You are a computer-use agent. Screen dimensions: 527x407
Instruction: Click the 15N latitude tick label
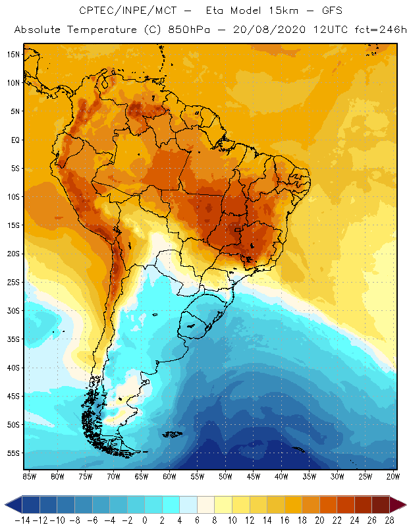(x=13, y=54)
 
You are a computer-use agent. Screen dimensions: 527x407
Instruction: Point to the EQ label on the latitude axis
(x=14, y=140)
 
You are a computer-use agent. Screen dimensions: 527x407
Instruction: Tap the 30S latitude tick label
(x=13, y=310)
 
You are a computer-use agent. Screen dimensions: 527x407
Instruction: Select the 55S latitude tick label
(x=13, y=453)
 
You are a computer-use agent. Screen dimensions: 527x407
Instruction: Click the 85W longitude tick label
(x=29, y=476)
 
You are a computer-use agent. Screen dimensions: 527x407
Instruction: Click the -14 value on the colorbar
(x=22, y=520)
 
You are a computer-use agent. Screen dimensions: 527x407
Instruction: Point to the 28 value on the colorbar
(x=389, y=520)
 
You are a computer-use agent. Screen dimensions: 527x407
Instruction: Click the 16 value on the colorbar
(x=284, y=520)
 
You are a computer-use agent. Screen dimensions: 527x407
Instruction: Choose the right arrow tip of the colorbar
(x=403, y=505)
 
